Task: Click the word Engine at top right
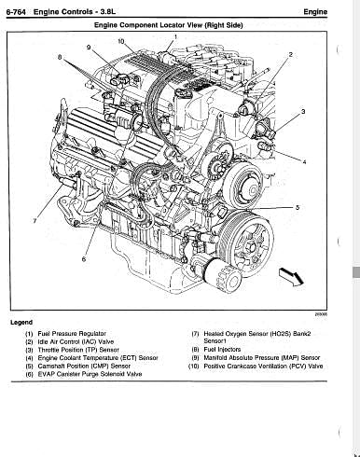point(315,12)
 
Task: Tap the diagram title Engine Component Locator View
point(148,25)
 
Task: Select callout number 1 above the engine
point(175,37)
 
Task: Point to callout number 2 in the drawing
point(291,55)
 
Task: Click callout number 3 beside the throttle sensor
point(303,111)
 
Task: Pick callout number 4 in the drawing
point(304,162)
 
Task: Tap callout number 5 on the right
point(298,207)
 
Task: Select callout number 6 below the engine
point(84,258)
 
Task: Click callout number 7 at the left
point(35,220)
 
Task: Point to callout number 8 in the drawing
point(60,57)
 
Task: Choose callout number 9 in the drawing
point(89,48)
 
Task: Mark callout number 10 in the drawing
point(121,41)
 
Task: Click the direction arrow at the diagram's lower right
point(291,276)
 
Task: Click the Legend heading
point(21,323)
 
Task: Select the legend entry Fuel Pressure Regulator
point(72,334)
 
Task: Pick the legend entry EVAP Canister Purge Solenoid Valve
point(90,374)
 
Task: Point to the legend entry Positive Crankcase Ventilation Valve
point(263,367)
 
